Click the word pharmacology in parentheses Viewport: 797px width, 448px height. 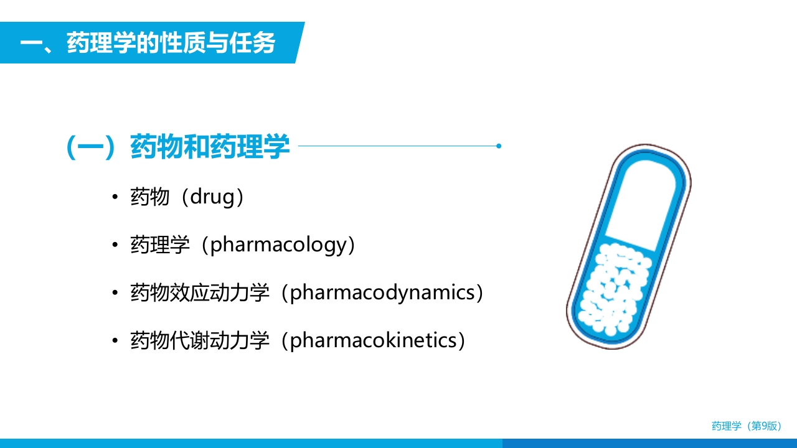click(x=277, y=245)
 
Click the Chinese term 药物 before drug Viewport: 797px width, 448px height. click(x=149, y=197)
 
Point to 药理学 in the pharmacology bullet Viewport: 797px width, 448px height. click(x=159, y=245)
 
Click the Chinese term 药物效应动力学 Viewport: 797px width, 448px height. click(x=199, y=292)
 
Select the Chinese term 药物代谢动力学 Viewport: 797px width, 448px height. click(x=199, y=340)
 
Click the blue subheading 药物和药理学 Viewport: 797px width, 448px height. click(x=210, y=147)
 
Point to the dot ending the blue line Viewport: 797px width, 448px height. click(x=499, y=146)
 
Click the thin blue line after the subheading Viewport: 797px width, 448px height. click(x=398, y=146)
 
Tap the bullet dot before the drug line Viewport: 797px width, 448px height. click(x=115, y=198)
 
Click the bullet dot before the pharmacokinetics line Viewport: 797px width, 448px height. click(x=115, y=341)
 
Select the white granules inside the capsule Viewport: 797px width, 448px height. click(x=613, y=286)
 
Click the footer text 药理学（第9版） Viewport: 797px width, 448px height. click(x=746, y=426)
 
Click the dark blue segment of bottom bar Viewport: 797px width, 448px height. click(x=648, y=443)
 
